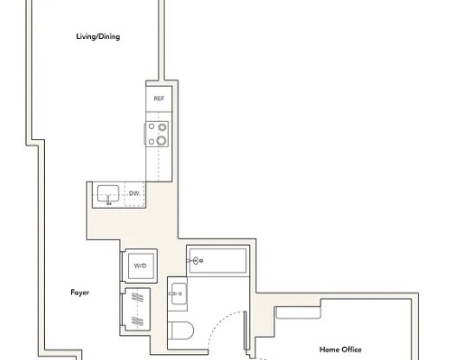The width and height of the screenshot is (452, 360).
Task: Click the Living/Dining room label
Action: coord(97,37)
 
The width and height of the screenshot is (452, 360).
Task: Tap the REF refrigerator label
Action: coord(158,100)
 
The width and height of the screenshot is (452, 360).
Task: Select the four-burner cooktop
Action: coord(158,134)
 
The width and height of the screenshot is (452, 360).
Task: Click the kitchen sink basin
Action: coord(108,193)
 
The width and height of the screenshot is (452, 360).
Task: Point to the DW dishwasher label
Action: coord(134,194)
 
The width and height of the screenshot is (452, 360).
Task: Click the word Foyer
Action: coord(80,292)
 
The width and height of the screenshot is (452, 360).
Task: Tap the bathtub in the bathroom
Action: coord(217,260)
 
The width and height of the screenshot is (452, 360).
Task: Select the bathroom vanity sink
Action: coord(178,296)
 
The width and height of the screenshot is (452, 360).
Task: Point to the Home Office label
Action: coord(340,350)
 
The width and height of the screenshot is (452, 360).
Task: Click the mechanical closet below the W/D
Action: coord(139,308)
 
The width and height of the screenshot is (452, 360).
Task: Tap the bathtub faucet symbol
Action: coord(197,260)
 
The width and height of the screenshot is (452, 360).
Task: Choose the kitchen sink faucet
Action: coord(108,201)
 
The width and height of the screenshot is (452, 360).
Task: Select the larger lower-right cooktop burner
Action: coord(161,141)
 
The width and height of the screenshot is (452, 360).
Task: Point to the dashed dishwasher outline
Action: coord(135,195)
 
